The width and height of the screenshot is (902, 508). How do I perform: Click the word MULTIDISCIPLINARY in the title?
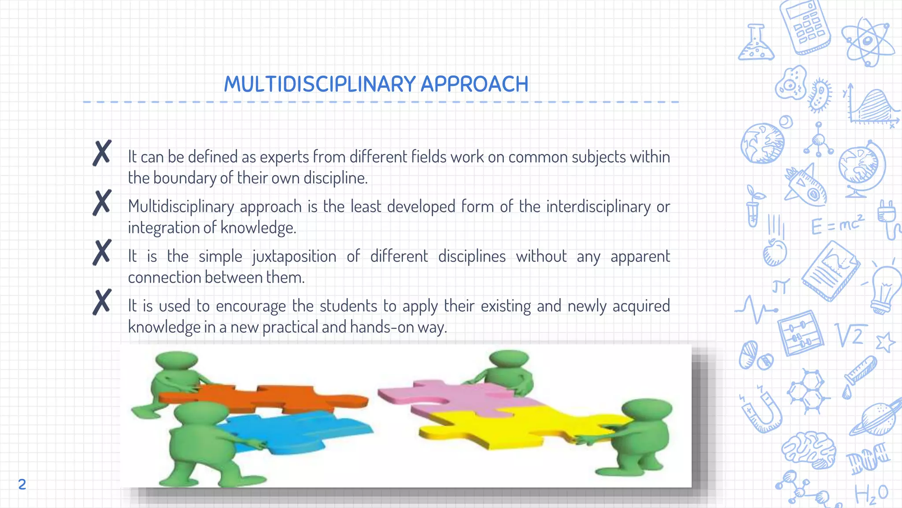pos(320,84)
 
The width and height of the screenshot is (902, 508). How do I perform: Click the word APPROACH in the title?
pos(474,84)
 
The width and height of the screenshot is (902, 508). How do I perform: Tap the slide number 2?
pos(22,484)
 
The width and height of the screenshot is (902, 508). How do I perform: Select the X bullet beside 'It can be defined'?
pos(102,153)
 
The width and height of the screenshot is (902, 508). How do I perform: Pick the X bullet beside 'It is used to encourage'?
pos(102,302)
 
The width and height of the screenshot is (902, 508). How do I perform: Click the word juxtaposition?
pos(294,257)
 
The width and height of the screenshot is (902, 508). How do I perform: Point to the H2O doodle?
pos(871,494)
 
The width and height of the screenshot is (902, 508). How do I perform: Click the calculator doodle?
pos(805,27)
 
